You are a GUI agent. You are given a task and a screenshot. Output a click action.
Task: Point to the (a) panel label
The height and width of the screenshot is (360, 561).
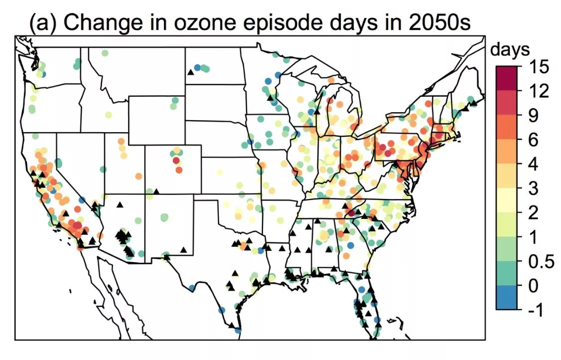coord(42,22)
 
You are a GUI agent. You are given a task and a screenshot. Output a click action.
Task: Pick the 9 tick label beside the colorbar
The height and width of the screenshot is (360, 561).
coord(531,115)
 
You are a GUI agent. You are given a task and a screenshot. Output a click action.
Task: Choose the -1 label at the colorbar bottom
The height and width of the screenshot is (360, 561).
coord(535,310)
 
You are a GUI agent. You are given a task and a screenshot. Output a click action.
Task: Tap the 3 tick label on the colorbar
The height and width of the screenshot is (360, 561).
coord(531,188)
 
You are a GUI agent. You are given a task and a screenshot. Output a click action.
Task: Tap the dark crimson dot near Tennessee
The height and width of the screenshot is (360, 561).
coord(352,213)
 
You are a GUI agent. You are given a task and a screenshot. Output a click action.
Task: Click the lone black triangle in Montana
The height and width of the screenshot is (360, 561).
coord(190,72)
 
